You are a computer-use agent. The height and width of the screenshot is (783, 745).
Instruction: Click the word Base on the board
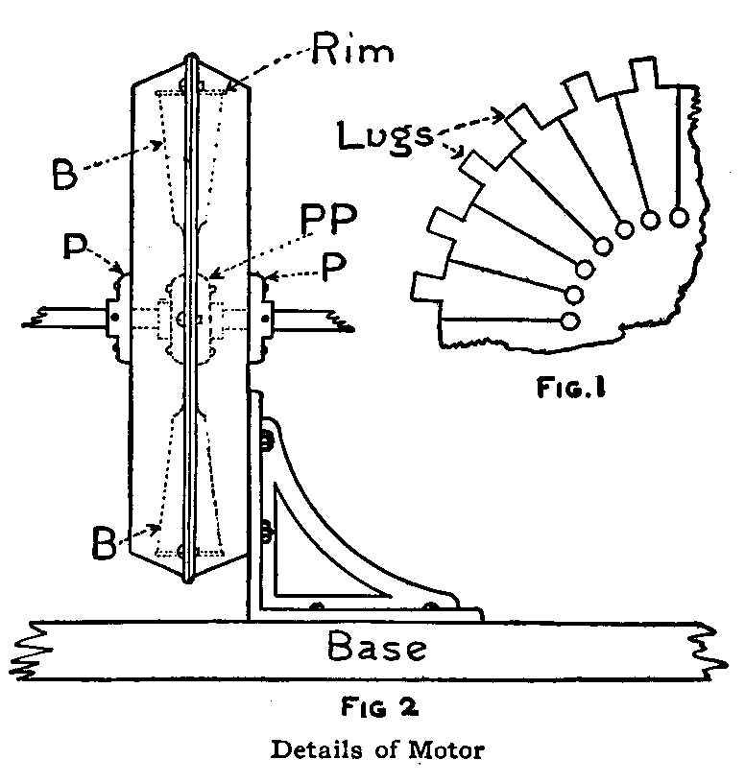point(376,648)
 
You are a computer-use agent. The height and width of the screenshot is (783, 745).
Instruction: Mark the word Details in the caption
point(316,749)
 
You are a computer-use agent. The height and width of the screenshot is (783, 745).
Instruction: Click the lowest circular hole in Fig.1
point(570,320)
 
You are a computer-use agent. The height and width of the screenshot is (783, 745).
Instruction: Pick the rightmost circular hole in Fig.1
point(679,217)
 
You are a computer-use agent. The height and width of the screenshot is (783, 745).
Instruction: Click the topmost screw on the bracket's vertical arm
point(266,440)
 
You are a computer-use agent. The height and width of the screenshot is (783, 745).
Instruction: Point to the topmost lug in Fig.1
point(643,72)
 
